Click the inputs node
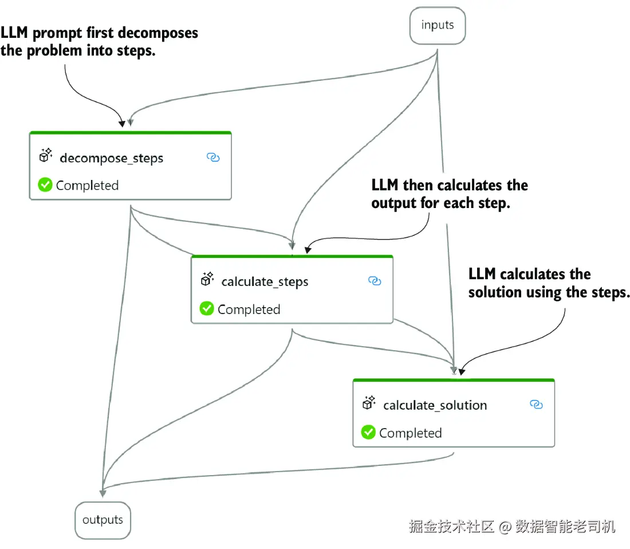click(438, 26)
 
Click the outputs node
click(103, 520)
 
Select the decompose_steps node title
click(111, 158)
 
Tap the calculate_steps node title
click(265, 282)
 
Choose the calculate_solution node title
click(435, 405)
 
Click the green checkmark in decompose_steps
click(45, 185)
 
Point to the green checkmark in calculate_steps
click(207, 309)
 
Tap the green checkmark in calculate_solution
click(368, 432)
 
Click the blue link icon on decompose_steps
click(213, 157)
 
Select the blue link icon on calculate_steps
click(375, 281)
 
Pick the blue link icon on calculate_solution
click(537, 405)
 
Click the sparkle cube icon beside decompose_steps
click(46, 155)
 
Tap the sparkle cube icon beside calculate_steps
click(207, 279)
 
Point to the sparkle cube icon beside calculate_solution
click(369, 402)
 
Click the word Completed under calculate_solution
click(410, 433)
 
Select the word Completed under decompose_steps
click(87, 185)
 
